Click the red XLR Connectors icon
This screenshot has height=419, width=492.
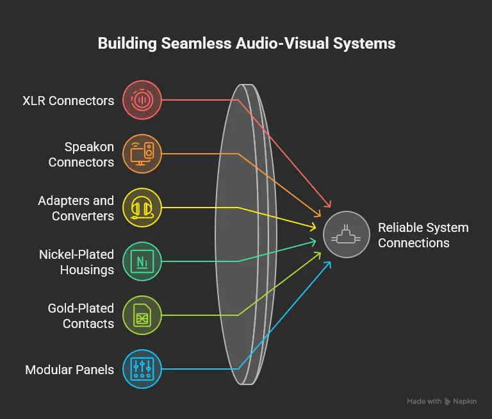[x=142, y=100]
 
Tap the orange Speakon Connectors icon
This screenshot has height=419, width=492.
[x=142, y=154]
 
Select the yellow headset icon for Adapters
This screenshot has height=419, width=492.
[x=142, y=208]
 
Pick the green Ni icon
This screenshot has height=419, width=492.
[x=142, y=261]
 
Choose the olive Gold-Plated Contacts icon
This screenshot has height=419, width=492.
[x=142, y=315]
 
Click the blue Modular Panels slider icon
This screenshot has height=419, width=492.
[x=142, y=368]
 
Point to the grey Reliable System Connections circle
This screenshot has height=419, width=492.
[x=346, y=235]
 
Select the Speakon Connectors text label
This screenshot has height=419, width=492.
[x=81, y=154]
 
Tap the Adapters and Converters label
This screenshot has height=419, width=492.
[x=76, y=208]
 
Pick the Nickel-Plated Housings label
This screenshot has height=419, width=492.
[x=77, y=262]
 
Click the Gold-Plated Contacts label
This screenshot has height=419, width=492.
[x=81, y=316]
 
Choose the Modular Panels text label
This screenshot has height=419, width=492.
[x=69, y=370]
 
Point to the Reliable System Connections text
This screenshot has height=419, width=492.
[x=423, y=235]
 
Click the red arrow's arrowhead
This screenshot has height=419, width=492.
[x=329, y=206]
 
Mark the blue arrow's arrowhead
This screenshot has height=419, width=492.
[x=329, y=263]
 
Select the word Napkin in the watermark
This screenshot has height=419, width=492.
[x=460, y=401]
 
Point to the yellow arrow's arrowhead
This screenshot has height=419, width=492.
[x=315, y=227]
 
